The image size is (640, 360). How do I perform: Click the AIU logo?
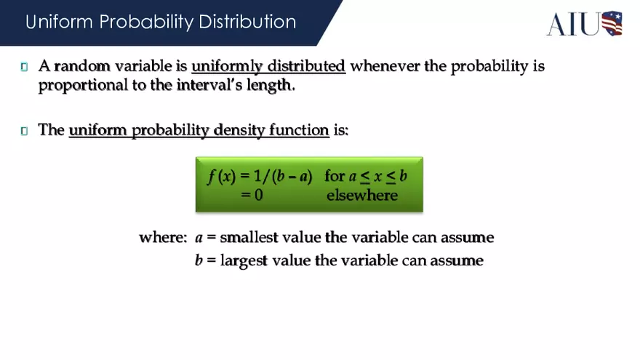click(x=584, y=23)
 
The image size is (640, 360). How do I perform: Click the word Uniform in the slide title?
click(x=60, y=22)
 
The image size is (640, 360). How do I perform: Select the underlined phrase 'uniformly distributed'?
click(x=268, y=66)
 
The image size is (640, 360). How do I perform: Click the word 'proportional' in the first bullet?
click(x=81, y=85)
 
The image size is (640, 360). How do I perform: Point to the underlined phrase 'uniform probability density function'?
click(x=199, y=130)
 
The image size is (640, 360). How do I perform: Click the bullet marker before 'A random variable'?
click(x=24, y=67)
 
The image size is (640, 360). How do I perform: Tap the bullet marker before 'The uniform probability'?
click(x=24, y=131)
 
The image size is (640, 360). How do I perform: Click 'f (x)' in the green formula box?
click(x=220, y=177)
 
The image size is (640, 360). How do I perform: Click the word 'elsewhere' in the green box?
click(x=361, y=195)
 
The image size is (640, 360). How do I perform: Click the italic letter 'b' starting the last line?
click(x=198, y=260)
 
